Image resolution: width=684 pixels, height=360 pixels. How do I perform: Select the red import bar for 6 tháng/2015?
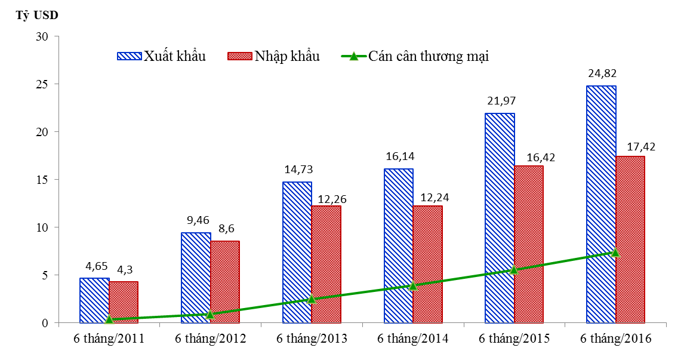coord(529,244)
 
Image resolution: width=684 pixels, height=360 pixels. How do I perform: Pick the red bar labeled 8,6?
coord(225,282)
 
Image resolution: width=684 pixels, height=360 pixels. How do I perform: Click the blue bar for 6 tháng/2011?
coord(94,300)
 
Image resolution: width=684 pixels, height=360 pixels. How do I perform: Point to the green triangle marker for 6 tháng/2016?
coord(615,253)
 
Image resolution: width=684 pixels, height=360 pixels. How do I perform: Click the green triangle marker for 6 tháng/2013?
coord(312,299)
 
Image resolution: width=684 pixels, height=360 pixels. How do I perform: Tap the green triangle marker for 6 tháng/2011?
coord(109,319)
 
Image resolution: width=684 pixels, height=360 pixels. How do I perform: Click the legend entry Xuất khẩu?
coord(162,56)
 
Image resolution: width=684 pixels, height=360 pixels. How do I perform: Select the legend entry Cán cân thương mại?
coord(415,56)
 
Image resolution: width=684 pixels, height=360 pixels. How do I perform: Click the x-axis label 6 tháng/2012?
coord(210,339)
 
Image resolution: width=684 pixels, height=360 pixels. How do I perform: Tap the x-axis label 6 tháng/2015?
coord(514,339)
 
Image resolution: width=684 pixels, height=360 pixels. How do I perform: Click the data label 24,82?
coord(601,74)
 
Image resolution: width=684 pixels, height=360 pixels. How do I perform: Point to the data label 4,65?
coord(94,267)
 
